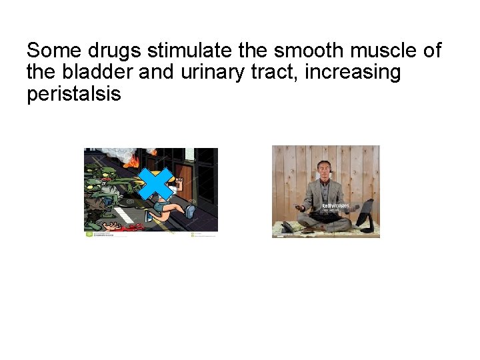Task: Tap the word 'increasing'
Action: tap(353, 72)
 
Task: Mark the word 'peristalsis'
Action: tap(74, 94)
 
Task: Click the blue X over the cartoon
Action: tap(155, 184)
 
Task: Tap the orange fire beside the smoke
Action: tap(133, 161)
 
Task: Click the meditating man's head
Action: tap(325, 167)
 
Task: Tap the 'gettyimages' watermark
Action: tap(335, 206)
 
